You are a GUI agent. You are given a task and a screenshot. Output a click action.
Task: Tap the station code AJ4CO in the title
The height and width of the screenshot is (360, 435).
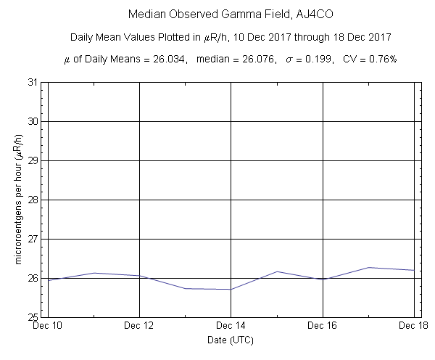292,15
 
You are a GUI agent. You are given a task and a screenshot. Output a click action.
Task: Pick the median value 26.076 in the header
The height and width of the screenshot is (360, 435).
254,59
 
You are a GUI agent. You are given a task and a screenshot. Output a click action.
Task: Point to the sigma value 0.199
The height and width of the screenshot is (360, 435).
317,59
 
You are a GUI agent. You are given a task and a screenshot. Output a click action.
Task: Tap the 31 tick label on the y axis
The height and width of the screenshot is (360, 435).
33,82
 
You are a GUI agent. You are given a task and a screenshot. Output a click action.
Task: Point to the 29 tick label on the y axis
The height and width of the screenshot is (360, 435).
33,160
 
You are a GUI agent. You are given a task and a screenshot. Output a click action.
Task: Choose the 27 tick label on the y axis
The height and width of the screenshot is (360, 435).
33,239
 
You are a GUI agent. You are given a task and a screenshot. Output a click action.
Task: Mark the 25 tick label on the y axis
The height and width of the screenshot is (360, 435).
33,317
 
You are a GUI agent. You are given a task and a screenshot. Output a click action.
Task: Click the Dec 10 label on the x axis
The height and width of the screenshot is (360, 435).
48,325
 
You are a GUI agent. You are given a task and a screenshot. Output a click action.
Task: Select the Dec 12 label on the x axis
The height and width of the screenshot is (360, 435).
139,325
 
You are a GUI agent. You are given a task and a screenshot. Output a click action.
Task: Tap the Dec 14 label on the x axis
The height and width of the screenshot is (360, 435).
231,325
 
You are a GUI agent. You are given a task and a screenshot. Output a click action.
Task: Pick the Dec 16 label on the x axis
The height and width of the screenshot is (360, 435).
322,325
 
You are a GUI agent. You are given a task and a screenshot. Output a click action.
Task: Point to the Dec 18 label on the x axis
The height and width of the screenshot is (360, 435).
413,325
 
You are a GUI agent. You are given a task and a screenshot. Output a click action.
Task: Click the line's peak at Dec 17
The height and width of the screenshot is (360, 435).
368,267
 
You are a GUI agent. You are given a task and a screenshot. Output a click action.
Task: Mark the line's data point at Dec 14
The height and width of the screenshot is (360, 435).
231,290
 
